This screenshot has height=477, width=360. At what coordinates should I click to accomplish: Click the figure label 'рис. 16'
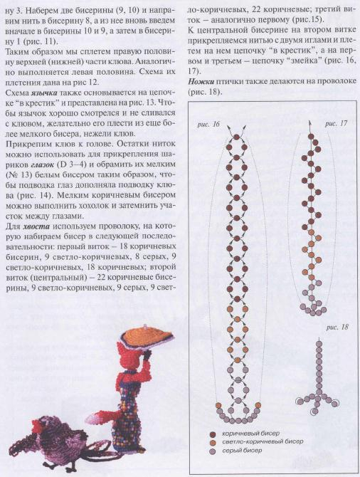click(x=208, y=125)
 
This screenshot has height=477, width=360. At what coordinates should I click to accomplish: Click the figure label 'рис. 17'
click(x=336, y=124)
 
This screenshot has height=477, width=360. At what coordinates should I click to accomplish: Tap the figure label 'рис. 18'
click(x=337, y=327)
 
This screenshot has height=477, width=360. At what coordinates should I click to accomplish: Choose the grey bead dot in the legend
click(x=213, y=451)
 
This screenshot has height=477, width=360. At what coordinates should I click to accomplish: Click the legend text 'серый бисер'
click(x=242, y=450)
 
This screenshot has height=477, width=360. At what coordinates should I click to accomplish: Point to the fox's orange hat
click(x=147, y=337)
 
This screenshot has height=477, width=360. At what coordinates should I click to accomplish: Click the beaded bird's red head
click(x=42, y=424)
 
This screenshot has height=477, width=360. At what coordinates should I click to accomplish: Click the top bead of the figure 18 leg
click(x=319, y=344)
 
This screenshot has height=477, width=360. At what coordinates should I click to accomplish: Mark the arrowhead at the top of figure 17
click(x=309, y=123)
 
